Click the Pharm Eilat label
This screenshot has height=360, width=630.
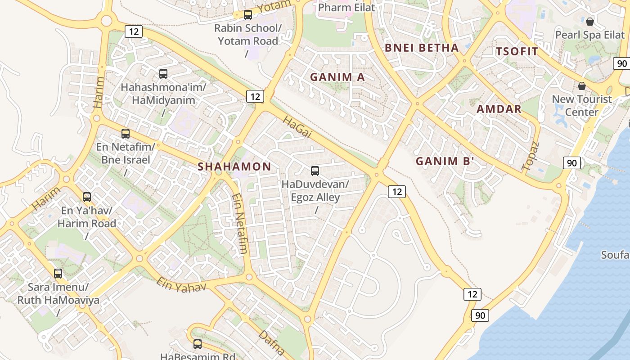tap(346, 8)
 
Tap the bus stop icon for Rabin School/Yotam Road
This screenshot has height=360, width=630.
tap(248, 15)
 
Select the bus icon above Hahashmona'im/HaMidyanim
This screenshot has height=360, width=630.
tap(163, 73)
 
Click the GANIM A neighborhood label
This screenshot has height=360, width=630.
tap(337, 77)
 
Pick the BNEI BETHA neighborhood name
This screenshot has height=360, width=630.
tap(422, 48)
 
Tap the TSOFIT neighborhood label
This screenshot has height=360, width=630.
tap(517, 51)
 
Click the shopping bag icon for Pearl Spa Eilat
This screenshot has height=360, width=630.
tap(590, 21)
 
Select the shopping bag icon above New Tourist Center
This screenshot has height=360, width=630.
tap(582, 85)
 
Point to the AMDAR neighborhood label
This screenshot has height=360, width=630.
tap(499, 109)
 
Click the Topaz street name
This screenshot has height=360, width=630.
tap(531, 156)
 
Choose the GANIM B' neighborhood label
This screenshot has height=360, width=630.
tap(445, 161)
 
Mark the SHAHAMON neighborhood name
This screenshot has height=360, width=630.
tap(234, 166)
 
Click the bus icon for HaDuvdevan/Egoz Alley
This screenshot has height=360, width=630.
tap(315, 171)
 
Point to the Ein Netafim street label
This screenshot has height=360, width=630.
tap(240, 224)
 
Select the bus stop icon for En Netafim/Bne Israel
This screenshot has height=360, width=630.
tap(126, 134)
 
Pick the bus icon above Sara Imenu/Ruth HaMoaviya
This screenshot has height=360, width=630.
tap(58, 274)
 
